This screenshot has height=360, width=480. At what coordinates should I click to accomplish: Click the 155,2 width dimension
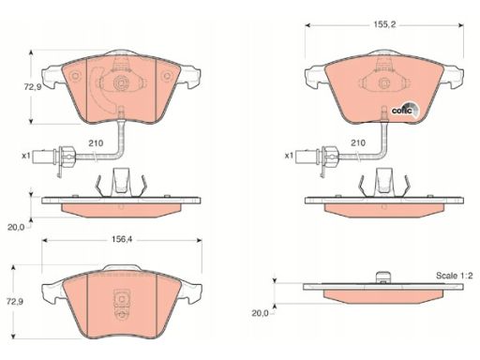coord(384,24)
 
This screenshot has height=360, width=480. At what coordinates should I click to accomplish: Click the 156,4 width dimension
coord(122,240)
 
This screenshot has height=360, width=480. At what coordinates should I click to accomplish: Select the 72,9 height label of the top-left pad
coord(33,87)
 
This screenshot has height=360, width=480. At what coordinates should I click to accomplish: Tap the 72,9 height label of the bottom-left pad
coord(15,302)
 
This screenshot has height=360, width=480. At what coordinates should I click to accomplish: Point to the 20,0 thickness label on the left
coord(16,227)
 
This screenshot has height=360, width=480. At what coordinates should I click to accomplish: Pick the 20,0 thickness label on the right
coord(260,313)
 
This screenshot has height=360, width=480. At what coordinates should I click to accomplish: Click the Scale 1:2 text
coord(455,276)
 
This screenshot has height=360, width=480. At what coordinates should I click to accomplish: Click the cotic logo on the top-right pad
coord(405,110)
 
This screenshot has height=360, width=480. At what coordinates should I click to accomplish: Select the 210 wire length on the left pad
coord(96,143)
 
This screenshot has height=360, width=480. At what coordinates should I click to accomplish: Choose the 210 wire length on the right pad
coord(358,143)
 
